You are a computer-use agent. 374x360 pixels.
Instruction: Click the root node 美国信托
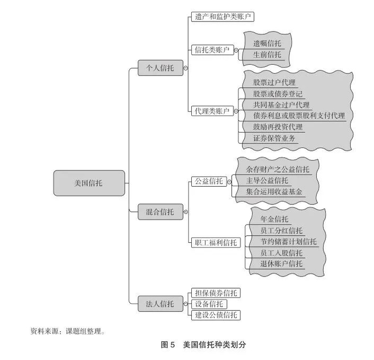(x=89, y=183)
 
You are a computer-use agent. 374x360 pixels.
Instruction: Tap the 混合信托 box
(x=160, y=212)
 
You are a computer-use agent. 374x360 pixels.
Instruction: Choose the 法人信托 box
(x=160, y=304)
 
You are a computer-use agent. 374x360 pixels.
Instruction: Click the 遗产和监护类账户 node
(x=222, y=17)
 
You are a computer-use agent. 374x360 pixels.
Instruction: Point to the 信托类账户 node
(x=211, y=50)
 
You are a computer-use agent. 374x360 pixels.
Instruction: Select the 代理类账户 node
(x=211, y=111)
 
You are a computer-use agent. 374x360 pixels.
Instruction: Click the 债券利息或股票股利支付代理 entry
(x=299, y=116)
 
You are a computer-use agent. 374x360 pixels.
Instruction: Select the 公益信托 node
(x=207, y=181)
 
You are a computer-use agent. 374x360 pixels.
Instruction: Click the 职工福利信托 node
(x=215, y=242)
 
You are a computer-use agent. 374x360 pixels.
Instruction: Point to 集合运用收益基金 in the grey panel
(x=275, y=192)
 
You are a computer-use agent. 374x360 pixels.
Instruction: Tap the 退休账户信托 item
(x=281, y=264)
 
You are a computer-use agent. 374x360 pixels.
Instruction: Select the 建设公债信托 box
(x=215, y=315)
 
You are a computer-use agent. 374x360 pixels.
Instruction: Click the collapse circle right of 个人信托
(x=185, y=68)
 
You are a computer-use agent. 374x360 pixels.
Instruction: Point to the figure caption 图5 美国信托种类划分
(x=203, y=345)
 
